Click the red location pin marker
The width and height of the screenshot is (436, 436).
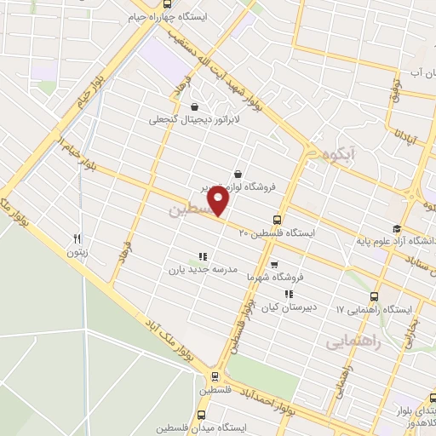pyautogui.click(x=220, y=201)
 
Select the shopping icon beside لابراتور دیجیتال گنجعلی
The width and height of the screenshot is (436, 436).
pyautogui.click(x=196, y=106)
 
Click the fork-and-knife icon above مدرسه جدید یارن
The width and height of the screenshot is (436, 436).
pyautogui.click(x=202, y=255)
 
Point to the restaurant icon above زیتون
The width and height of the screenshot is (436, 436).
pyautogui.click(x=77, y=239)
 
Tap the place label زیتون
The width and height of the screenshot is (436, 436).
pyautogui.click(x=77, y=253)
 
